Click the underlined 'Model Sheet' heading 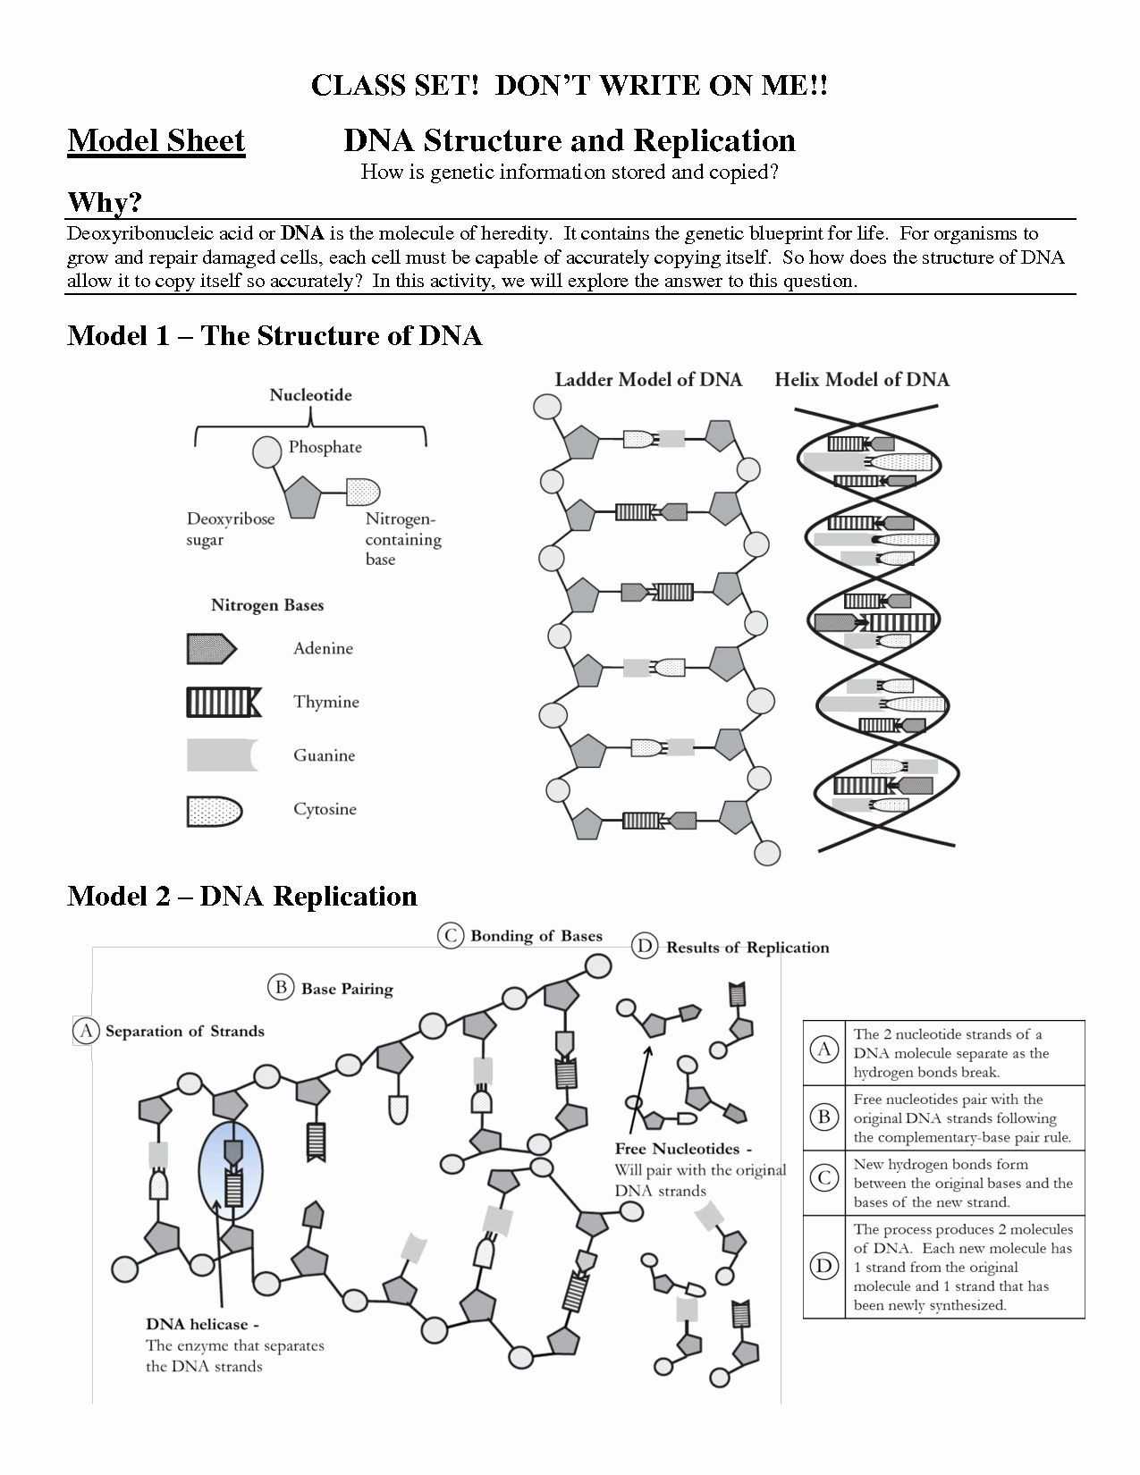156,141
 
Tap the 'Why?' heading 105,202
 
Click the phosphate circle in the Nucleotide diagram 267,452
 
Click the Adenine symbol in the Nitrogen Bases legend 211,649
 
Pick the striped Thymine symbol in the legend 224,703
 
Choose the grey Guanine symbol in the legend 222,755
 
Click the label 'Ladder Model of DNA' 648,380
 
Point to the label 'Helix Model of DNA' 861,380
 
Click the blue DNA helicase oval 231,1171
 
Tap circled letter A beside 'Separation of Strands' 86,1031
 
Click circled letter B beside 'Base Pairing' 281,988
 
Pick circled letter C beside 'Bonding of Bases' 450,936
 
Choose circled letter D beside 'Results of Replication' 645,947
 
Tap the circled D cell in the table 823,1266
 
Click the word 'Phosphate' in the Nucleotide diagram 325,447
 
